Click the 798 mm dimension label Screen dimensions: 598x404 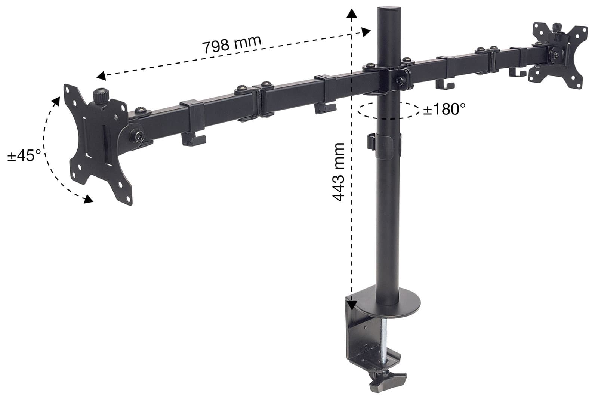[x=231, y=44]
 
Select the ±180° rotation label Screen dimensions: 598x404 [x=444, y=109]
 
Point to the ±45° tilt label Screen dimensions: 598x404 [x=24, y=155]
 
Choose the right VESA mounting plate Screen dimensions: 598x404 [x=559, y=55]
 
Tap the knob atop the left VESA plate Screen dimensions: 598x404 [x=101, y=97]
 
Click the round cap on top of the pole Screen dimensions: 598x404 [x=389, y=10]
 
